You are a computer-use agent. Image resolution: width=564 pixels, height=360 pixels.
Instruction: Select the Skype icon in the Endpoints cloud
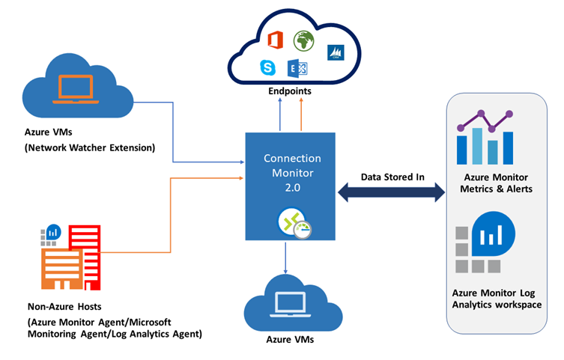(x=267, y=68)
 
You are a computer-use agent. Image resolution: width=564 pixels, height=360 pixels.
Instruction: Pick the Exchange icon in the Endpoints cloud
(x=297, y=69)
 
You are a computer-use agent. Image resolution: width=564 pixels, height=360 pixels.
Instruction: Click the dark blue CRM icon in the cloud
(x=335, y=53)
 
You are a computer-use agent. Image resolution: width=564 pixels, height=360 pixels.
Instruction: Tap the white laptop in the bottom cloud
(x=287, y=303)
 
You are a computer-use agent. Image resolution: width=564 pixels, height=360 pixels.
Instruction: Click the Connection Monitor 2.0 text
(x=293, y=174)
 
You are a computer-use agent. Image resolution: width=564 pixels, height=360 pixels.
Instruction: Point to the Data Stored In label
(x=392, y=177)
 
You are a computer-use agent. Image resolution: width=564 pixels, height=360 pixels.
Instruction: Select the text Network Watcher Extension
(x=89, y=147)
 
